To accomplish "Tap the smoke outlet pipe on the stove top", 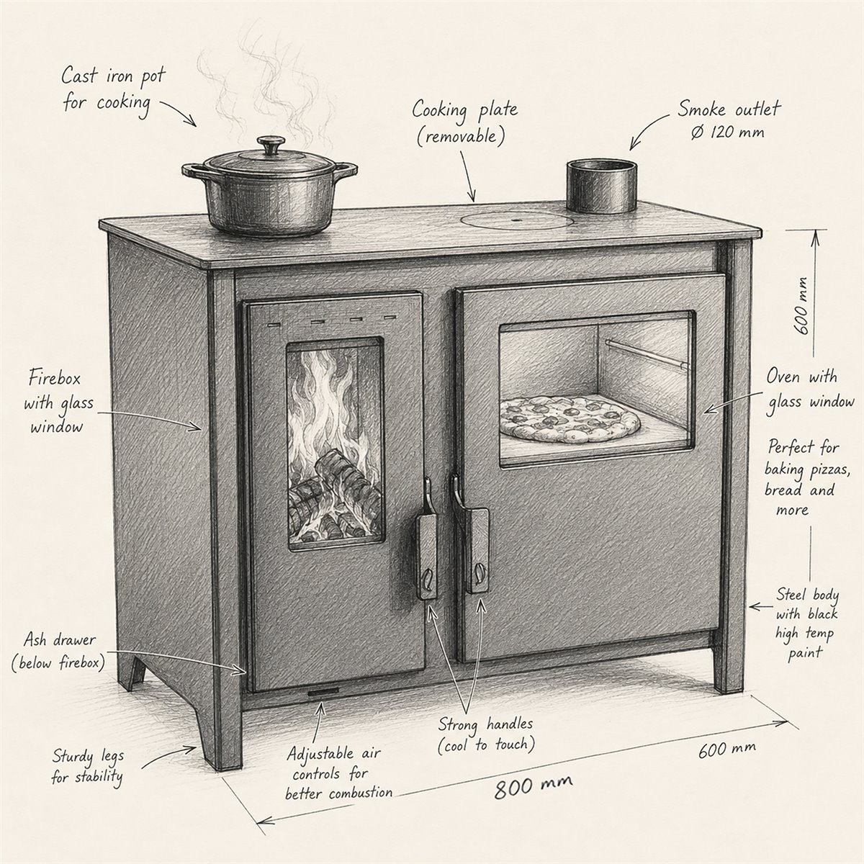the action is (x=600, y=186).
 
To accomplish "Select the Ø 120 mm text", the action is (x=728, y=132).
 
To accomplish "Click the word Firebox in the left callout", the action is (x=54, y=379).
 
